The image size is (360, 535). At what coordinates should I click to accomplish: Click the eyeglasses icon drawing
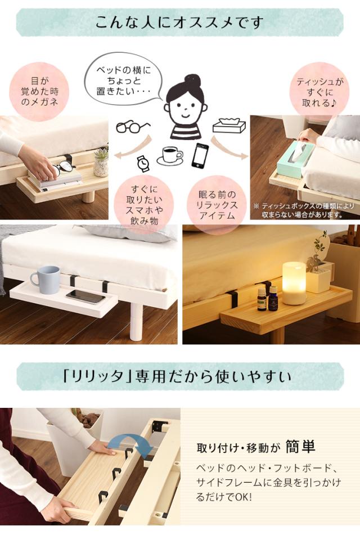click(133, 127)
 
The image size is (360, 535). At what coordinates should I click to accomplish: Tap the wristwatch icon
click(143, 164)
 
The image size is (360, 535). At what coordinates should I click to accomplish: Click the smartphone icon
click(200, 155)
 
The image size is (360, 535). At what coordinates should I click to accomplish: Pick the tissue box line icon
click(229, 126)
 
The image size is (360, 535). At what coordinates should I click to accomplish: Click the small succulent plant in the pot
click(101, 160)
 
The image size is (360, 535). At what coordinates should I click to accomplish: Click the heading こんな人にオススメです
click(179, 23)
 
